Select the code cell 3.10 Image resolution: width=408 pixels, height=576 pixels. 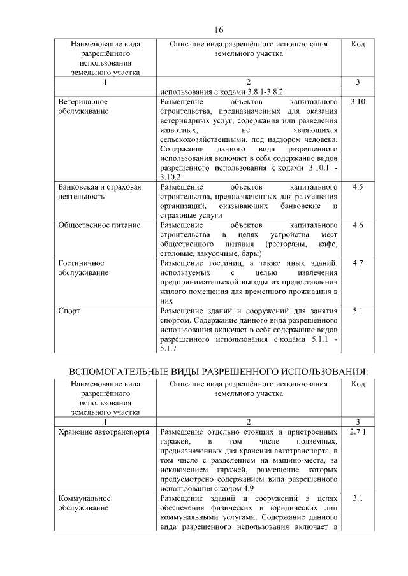pos(358,102)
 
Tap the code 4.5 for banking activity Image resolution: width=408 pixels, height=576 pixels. pos(358,187)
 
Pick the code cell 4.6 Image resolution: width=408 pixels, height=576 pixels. pos(358,225)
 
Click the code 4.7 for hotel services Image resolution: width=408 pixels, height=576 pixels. pos(358,263)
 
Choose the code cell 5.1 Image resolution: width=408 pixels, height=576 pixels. pos(358,311)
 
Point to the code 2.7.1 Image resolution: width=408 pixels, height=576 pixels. pos(358,432)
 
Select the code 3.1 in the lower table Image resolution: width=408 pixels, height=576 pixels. pos(358,498)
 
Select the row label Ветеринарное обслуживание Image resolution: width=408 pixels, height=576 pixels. pos(83,106)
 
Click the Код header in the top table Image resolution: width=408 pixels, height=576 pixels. pos(358,45)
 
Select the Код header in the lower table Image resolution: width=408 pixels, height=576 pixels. pos(358,384)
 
